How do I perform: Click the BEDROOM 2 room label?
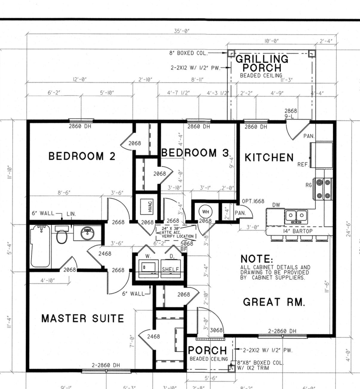pos(82,156)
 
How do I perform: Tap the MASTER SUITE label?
pos(83,319)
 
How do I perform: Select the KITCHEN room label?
pos(269,158)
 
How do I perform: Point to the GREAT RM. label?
pos(274,302)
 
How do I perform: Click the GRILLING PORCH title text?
pos(262,63)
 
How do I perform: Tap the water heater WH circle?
pos(206,212)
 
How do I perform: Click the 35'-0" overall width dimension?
pos(182,31)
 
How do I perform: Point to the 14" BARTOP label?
pos(298,231)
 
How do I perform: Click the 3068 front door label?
pos(216,330)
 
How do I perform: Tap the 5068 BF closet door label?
pos(187,246)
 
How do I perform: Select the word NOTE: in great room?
pos(257,259)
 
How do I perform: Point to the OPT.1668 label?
pos(253,201)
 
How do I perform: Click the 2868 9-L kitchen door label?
pos(290,113)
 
